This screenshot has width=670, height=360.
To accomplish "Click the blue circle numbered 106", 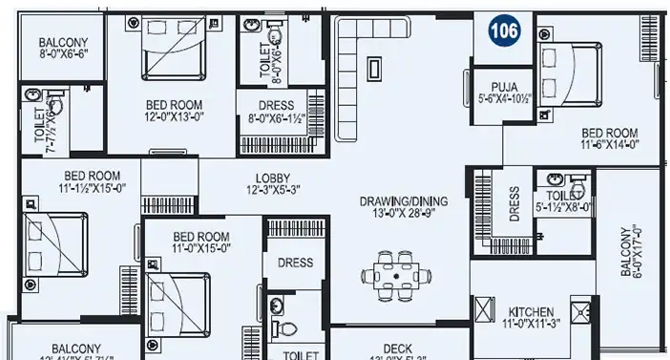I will click(x=505, y=32).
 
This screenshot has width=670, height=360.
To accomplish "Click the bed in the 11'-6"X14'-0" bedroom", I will click(x=571, y=71).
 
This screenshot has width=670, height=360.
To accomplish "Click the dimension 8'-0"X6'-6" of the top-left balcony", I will click(x=63, y=55).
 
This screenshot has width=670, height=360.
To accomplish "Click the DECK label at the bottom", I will click(x=397, y=349).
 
